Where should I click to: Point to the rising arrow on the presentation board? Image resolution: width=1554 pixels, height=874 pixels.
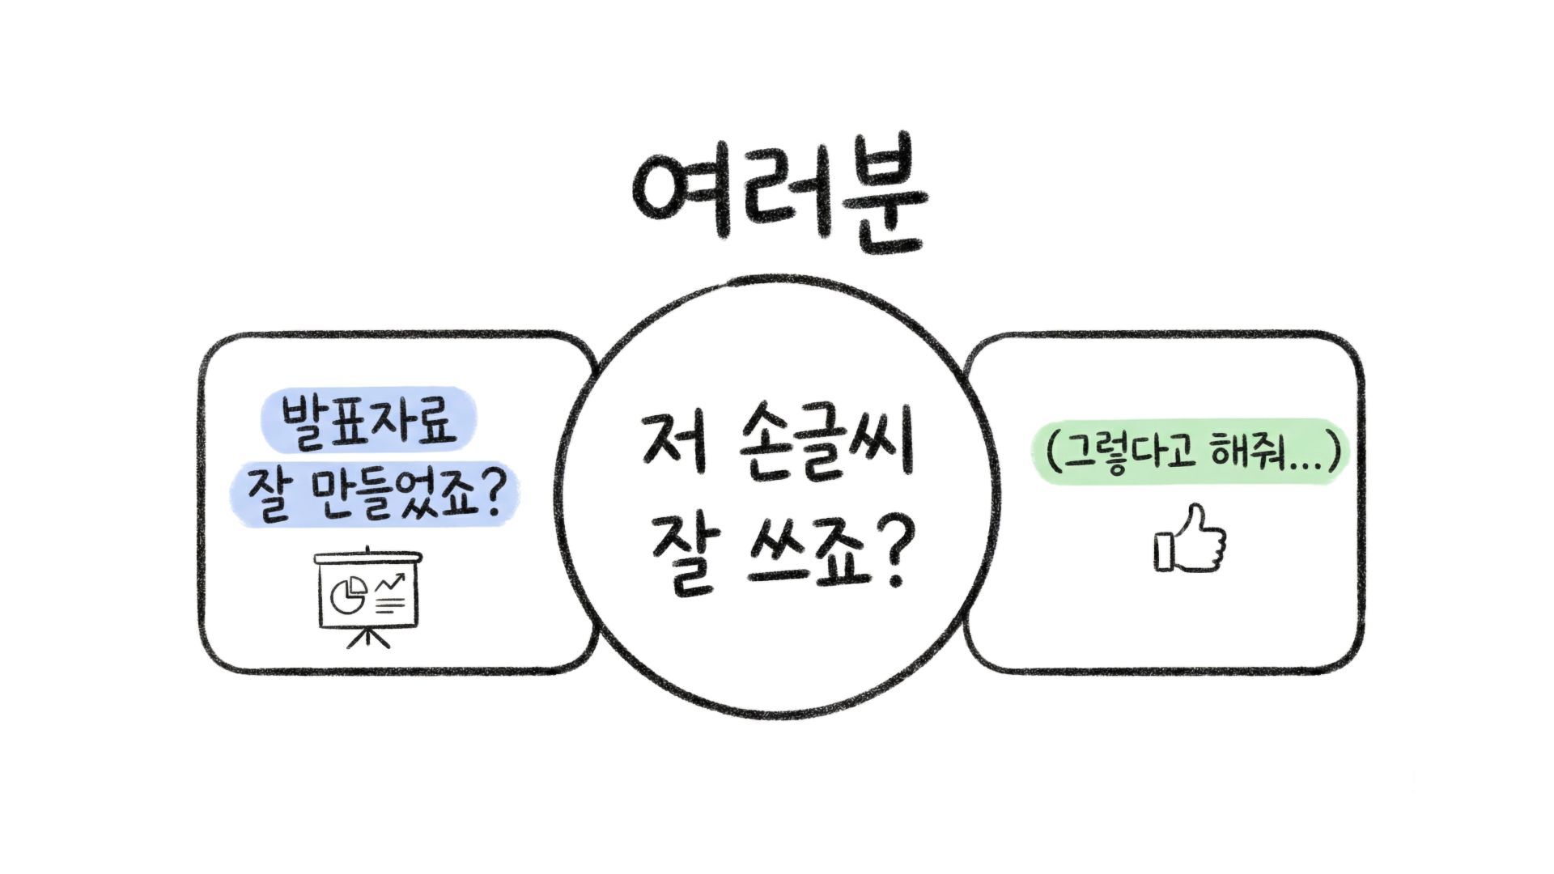(390, 582)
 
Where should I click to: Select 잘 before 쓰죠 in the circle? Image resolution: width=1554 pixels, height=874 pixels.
(681, 558)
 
